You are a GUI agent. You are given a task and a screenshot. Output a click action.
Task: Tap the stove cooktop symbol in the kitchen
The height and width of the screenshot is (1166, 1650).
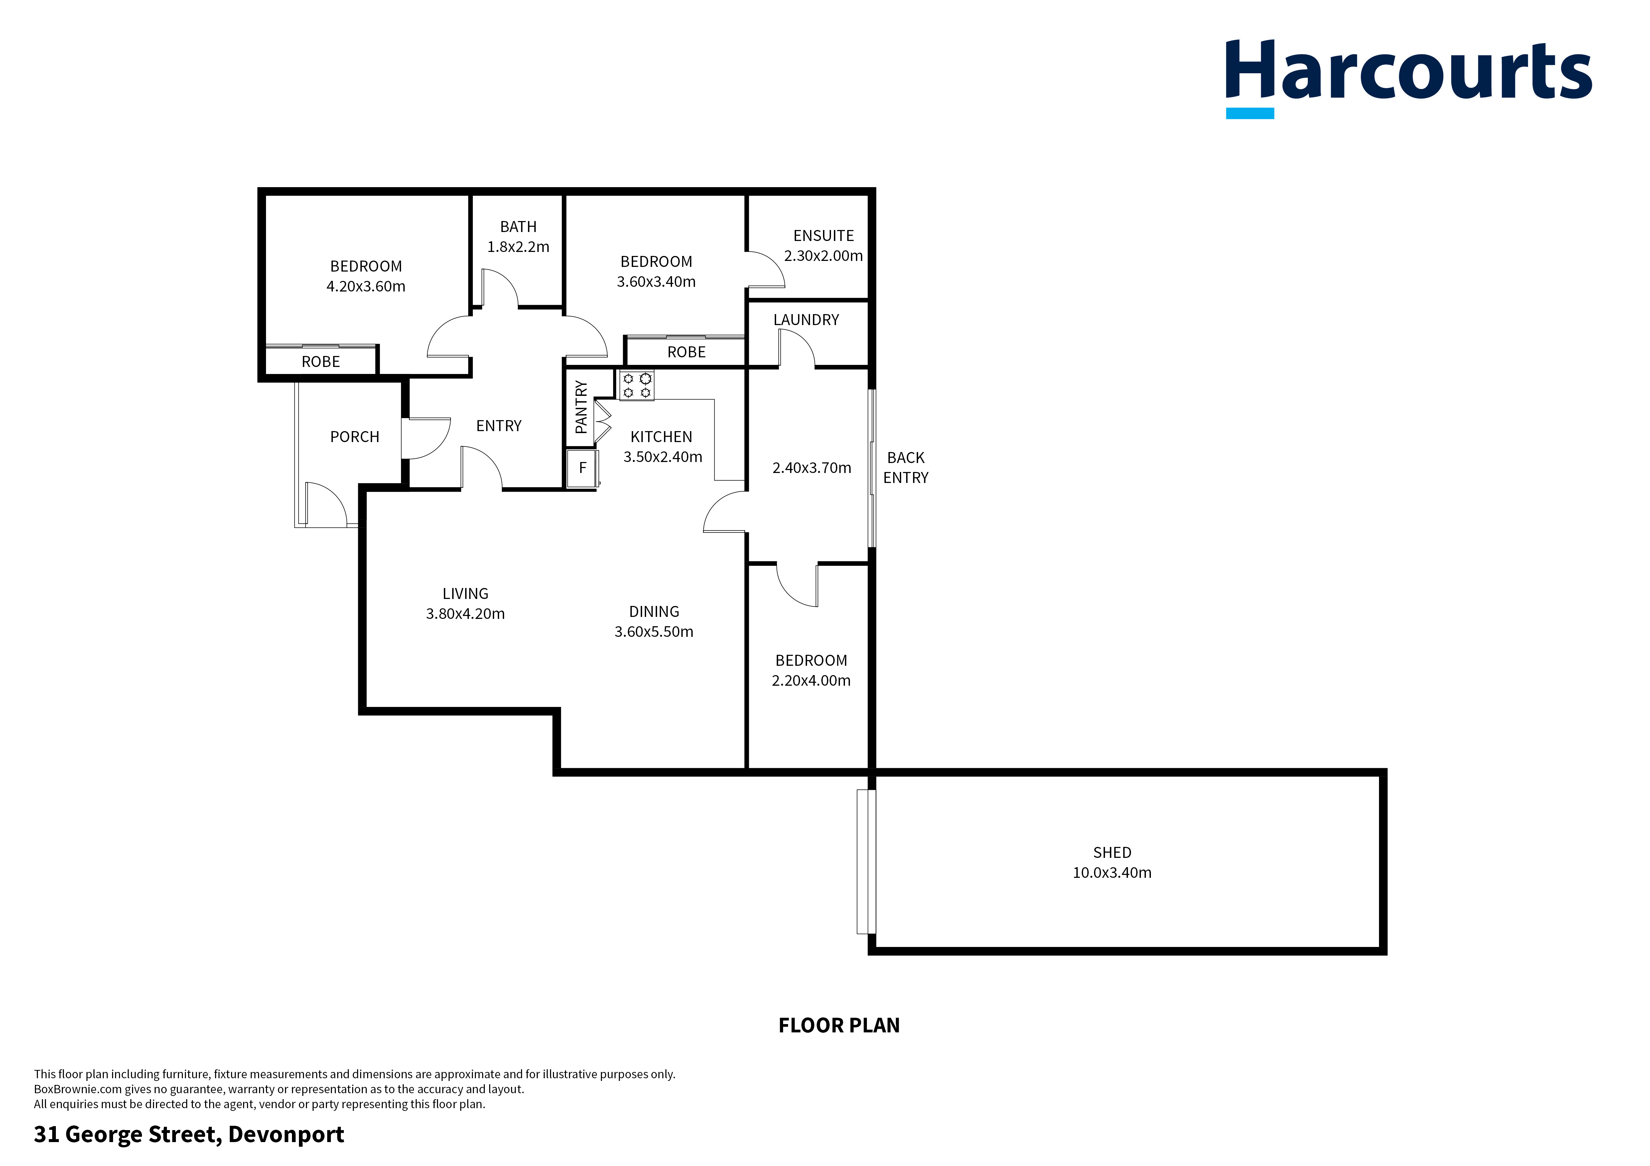(637, 385)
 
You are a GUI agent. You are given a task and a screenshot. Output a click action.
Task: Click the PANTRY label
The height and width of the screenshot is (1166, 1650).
(581, 408)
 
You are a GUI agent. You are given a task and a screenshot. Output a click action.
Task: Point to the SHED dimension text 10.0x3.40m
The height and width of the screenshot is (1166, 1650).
(1112, 873)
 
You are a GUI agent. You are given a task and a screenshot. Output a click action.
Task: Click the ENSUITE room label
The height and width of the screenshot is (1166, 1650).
(824, 236)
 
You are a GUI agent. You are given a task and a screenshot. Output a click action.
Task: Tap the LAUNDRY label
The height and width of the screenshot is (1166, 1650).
(806, 320)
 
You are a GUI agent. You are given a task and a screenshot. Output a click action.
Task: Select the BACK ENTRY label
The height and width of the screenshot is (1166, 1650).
(905, 468)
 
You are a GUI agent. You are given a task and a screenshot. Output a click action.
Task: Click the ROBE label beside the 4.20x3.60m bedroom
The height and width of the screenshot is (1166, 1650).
(321, 361)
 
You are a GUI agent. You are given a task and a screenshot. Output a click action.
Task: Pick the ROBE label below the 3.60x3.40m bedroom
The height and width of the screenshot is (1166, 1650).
(686, 352)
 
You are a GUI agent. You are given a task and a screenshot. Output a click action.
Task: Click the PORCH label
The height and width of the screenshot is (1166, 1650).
(354, 437)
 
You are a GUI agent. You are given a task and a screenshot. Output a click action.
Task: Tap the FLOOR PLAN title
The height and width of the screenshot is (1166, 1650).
(839, 1025)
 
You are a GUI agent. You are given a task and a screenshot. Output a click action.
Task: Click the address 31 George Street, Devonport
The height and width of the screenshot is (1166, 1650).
(189, 1134)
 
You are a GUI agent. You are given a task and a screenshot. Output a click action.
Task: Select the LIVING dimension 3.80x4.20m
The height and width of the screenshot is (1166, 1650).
(465, 614)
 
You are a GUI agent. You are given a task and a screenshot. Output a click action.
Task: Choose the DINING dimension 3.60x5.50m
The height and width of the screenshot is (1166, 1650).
(653, 632)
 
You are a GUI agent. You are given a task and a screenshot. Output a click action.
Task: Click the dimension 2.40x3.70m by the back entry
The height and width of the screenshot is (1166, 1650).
(811, 468)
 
